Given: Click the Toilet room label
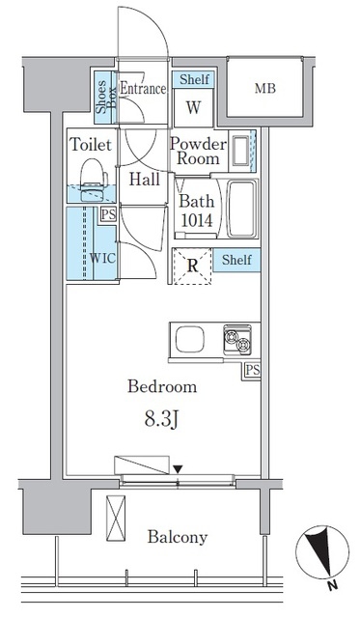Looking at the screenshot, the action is (x=91, y=145).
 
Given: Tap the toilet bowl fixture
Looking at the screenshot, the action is (x=94, y=181).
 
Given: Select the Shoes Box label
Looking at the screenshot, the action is (x=106, y=97).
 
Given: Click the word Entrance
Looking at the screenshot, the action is (x=143, y=88).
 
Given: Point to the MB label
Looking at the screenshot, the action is (x=264, y=88).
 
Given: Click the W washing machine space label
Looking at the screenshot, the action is (x=193, y=107).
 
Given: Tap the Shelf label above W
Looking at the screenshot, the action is (x=194, y=79).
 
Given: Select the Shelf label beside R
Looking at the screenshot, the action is (x=236, y=260).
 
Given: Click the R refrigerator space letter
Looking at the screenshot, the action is (x=192, y=267).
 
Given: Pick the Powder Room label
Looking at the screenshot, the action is (x=198, y=152).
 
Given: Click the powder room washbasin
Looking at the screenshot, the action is (x=240, y=151).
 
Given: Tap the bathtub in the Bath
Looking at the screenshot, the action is (x=241, y=210).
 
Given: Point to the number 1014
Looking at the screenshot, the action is (x=197, y=221).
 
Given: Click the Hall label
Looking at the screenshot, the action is (x=145, y=180).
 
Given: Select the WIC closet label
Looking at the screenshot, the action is (x=103, y=258).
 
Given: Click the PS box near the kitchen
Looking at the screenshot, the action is (x=252, y=370).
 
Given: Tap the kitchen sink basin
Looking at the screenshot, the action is (x=190, y=339).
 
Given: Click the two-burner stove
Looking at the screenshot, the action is (x=237, y=339).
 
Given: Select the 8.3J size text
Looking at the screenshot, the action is (x=162, y=420).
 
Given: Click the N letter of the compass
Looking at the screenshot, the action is (x=332, y=586).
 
